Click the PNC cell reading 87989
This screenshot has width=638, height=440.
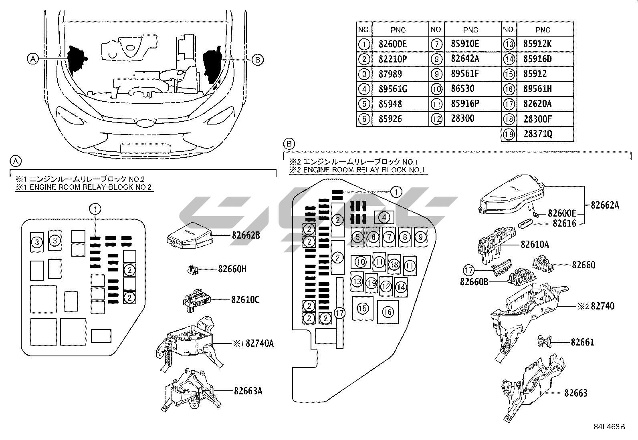[390, 74]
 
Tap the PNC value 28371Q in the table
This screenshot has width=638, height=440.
[537, 134]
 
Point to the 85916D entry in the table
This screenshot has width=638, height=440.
[537, 59]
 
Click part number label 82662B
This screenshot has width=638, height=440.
[246, 235]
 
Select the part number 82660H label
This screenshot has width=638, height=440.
[232, 269]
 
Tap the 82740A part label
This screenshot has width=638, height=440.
[259, 343]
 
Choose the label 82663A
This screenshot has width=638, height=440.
[248, 391]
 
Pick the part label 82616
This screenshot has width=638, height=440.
[564, 223]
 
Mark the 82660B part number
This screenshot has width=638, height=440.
[474, 282]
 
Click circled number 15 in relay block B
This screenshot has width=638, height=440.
[363, 308]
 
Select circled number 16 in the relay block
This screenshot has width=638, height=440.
[388, 311]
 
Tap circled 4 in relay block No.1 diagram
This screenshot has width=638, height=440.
[384, 217]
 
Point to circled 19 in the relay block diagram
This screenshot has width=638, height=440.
[371, 283]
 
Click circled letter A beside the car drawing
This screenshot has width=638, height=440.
[33, 59]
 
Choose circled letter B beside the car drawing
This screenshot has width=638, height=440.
[258, 60]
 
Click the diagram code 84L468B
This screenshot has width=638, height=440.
[609, 426]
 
